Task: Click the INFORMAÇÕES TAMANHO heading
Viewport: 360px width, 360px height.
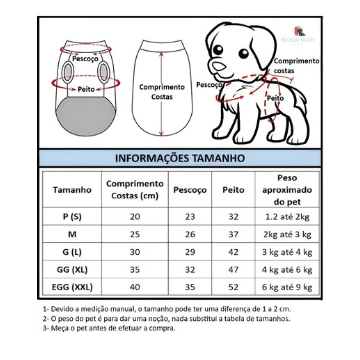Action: pyautogui.click(x=180, y=158)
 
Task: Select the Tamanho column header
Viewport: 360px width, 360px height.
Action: pyautogui.click(x=72, y=190)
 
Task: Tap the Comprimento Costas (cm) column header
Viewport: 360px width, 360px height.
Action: pyautogui.click(x=135, y=190)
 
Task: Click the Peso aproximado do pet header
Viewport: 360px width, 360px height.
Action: pyautogui.click(x=287, y=190)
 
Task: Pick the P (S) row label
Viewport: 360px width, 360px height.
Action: pyautogui.click(x=72, y=217)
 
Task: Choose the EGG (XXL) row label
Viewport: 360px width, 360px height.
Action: pyautogui.click(x=72, y=287)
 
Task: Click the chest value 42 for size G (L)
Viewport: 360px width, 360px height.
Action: pyautogui.click(x=233, y=252)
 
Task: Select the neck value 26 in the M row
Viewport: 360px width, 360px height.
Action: pyautogui.click(x=190, y=234)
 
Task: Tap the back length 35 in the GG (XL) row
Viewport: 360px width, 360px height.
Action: pyautogui.click(x=135, y=269)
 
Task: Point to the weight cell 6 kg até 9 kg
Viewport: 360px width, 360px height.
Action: pyautogui.click(x=287, y=287)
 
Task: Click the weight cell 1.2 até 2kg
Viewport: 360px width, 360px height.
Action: pyautogui.click(x=287, y=217)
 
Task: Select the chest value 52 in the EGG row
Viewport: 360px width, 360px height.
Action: pyautogui.click(x=233, y=287)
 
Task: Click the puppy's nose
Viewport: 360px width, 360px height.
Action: pyautogui.click(x=219, y=65)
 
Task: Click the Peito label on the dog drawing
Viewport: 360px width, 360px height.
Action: pyautogui.click(x=275, y=98)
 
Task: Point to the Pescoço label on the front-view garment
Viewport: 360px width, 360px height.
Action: pyautogui.click(x=85, y=59)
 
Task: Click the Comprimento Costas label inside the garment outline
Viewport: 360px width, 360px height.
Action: pyautogui.click(x=162, y=92)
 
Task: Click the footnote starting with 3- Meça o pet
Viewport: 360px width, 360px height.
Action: pyautogui.click(x=109, y=328)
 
